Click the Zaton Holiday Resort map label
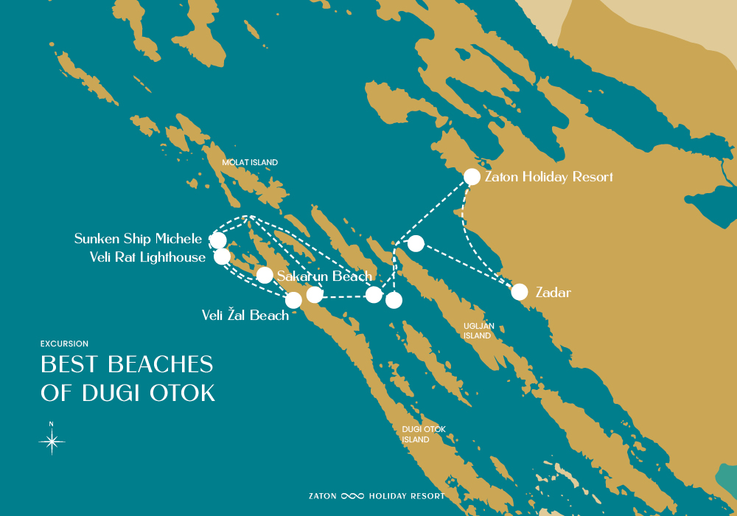548,177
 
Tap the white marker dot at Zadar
520,292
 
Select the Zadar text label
554,293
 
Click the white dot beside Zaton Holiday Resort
472,177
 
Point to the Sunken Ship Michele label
138,239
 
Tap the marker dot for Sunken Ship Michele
218,240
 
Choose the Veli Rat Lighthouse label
147,257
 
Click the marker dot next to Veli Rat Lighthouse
222,257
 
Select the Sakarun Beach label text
324,276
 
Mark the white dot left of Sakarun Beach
265,275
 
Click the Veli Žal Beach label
245,315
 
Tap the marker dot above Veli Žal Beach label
293,300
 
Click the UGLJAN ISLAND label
478,330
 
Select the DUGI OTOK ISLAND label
424,434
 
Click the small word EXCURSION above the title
65,344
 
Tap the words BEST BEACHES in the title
127,364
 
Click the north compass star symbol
52,442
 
